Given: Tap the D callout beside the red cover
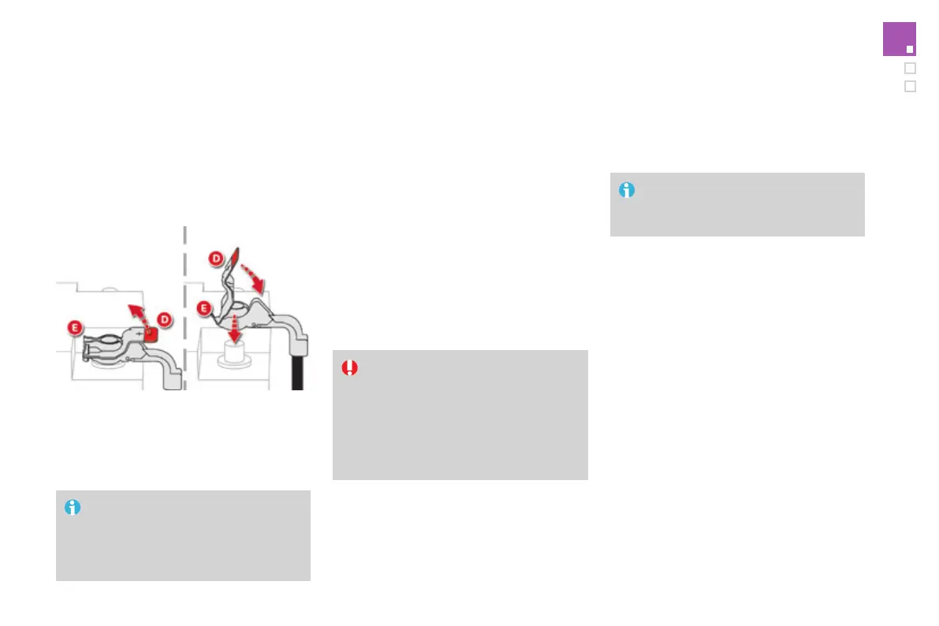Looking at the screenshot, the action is (x=165, y=319).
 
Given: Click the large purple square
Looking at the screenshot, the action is (x=899, y=39).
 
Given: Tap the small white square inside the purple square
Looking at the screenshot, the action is (x=910, y=49).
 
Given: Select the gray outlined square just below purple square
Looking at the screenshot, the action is (x=910, y=69).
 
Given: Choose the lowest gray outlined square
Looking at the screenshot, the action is (x=910, y=87).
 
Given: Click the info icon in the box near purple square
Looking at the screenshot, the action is (x=627, y=190).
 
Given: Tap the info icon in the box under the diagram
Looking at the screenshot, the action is (x=73, y=508).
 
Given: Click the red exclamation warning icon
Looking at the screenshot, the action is (x=349, y=367).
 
